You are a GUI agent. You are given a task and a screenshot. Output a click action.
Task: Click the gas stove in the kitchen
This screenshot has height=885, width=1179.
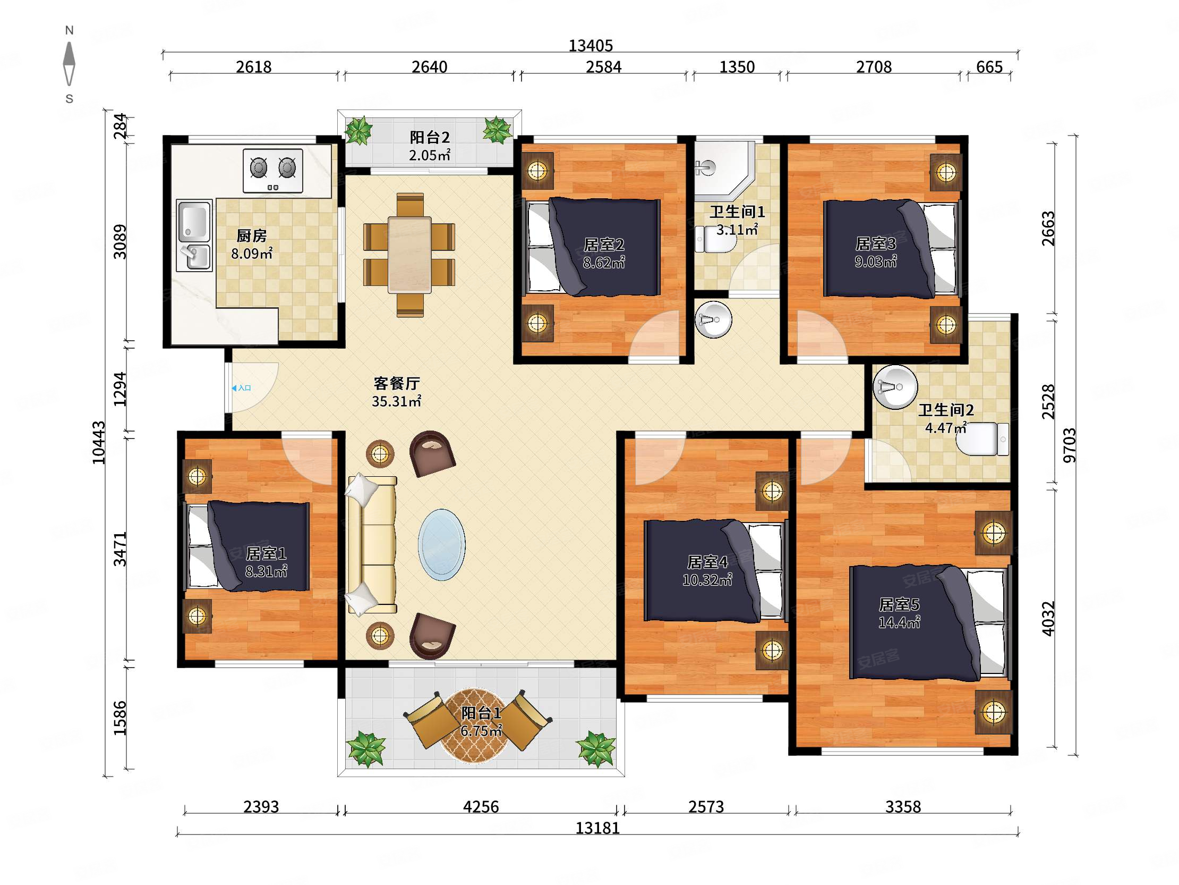pos(273,170)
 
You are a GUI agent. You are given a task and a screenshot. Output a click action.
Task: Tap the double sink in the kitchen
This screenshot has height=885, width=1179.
pos(194,235)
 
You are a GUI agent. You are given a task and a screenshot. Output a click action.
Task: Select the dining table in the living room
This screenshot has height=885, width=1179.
pos(409,255)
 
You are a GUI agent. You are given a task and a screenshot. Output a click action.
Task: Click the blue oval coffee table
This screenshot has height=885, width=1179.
pos(441,545)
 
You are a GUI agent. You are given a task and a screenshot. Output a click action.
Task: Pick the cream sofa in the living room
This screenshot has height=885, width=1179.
pos(372,545)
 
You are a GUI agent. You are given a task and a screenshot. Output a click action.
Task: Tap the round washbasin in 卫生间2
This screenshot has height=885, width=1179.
pos(895,387)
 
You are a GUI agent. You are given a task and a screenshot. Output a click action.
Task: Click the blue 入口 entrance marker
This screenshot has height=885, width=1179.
pos(242,388)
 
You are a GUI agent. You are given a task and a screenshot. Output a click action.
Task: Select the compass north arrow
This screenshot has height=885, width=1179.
pos(69,63)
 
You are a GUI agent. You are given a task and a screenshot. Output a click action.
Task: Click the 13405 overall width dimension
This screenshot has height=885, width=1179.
pos(591,46)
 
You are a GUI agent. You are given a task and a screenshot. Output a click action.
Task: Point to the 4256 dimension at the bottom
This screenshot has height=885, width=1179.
pos(481,806)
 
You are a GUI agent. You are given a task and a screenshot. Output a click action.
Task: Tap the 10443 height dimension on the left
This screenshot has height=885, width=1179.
pos(99,442)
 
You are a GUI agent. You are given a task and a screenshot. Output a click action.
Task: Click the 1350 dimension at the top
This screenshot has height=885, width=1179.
pos(737,67)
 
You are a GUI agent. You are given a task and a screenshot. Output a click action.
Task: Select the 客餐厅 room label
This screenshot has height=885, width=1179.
pos(397,383)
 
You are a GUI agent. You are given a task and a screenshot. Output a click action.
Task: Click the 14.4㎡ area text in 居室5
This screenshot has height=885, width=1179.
pos(899,622)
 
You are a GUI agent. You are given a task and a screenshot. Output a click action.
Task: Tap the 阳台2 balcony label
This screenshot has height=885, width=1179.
pos(430,137)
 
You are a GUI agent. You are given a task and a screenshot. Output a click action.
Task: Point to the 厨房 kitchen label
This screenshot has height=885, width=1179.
pos(252,235)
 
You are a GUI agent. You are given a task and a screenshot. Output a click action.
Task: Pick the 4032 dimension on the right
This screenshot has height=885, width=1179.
pos(1048,618)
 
